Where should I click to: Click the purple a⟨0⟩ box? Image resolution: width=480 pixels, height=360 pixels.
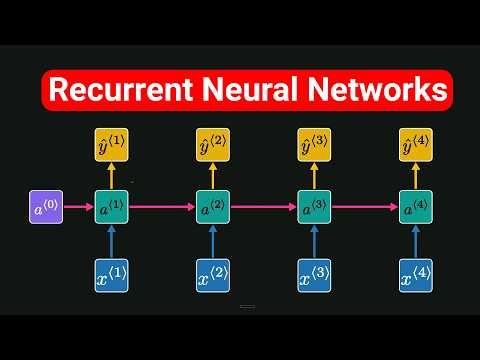[x=46, y=209]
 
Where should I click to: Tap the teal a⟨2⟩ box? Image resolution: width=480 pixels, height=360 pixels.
[x=212, y=209]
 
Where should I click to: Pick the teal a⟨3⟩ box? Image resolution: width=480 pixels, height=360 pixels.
[x=315, y=209]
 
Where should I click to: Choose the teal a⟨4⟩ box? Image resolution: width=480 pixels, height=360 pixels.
[x=417, y=209]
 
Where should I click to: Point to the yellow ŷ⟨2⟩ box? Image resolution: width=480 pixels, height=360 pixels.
[x=212, y=146]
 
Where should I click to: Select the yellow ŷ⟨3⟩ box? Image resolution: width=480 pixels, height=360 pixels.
[x=315, y=146]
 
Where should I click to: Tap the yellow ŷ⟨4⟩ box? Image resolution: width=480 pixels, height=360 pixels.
[x=417, y=146]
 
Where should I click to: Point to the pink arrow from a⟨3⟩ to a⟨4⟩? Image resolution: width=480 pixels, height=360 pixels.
[x=365, y=209]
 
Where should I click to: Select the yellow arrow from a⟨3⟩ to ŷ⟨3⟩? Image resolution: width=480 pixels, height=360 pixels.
[x=315, y=178]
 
